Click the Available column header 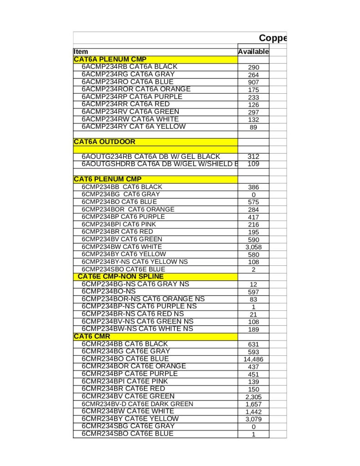253,52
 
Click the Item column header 81,52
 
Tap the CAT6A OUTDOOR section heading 104,142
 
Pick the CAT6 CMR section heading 89,336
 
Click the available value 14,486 254,359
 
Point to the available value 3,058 254,247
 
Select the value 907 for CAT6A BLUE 254,82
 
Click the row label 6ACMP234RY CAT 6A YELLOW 133,127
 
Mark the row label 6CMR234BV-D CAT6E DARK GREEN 137,404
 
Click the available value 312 254,157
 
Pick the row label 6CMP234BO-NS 109,291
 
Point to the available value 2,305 254,397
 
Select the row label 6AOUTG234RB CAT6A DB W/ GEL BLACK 151,157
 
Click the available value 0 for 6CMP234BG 254,195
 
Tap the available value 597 254,292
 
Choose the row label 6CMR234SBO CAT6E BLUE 127,434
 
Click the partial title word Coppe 273,38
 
